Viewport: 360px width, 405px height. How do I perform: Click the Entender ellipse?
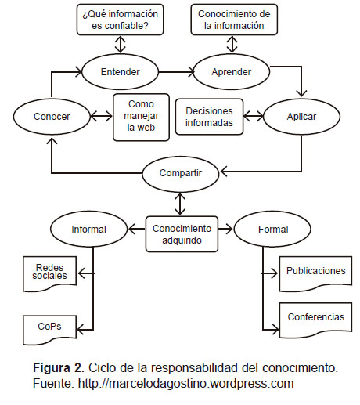(x=121, y=72)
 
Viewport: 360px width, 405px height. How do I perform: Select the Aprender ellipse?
(x=232, y=72)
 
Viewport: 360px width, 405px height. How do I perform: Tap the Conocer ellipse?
(x=52, y=117)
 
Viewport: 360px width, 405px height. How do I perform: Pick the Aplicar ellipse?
(x=301, y=117)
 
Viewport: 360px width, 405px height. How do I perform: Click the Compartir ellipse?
(x=181, y=173)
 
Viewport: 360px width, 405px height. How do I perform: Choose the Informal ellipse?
(x=88, y=229)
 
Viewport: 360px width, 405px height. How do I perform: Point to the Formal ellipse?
(x=272, y=229)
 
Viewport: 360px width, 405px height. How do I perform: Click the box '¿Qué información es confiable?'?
(x=121, y=20)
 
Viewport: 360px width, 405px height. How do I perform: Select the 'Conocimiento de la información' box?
(x=234, y=20)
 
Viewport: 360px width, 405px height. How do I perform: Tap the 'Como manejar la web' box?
(x=141, y=118)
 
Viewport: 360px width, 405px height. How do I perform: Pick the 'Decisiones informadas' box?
(x=209, y=117)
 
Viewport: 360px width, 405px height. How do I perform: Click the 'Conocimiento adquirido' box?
(x=182, y=234)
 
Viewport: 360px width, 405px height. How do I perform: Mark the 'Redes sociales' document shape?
(x=49, y=273)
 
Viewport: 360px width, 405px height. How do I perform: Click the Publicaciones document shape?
(x=315, y=273)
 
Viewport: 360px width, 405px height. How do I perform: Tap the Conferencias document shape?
(x=315, y=319)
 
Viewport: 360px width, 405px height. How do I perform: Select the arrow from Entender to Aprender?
(x=177, y=72)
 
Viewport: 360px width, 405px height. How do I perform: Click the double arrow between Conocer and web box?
(x=101, y=117)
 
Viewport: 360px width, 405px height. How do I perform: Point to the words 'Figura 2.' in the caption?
(x=59, y=367)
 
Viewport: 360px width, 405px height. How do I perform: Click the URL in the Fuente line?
(x=186, y=384)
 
